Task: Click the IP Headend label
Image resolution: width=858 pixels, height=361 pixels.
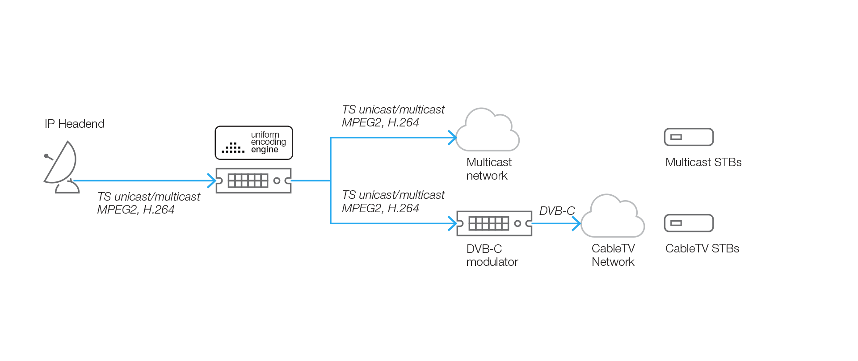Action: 74,124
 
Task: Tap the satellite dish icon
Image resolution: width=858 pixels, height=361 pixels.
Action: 61,167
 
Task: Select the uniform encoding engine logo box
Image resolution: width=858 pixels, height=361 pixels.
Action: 253,143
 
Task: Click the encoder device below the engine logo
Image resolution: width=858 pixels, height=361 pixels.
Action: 253,180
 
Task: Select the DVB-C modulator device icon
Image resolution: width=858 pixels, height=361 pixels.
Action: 494,223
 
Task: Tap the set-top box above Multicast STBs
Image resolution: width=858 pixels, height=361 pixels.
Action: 689,137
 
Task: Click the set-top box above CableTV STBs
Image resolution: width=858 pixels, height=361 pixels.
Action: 689,223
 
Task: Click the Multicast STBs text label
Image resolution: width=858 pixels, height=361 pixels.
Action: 703,162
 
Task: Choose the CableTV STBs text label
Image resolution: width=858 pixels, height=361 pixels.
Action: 702,248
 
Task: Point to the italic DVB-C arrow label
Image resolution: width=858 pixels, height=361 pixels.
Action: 557,211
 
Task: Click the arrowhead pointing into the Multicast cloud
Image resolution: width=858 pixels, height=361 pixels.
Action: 453,138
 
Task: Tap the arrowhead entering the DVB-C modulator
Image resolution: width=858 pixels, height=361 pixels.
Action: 453,223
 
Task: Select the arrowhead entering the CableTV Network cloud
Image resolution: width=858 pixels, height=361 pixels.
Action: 577,223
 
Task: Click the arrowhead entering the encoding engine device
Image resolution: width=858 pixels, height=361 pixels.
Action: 212,180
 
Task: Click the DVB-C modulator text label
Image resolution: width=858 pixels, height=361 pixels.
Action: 492,255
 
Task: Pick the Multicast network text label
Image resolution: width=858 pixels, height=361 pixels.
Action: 488,169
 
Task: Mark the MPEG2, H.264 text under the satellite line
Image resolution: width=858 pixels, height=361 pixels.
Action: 136,210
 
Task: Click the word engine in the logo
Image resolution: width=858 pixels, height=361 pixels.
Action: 265,150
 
